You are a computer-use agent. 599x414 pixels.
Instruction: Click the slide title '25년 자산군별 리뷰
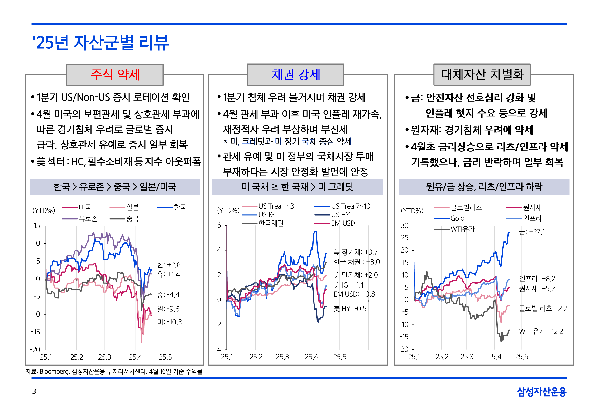[101, 43]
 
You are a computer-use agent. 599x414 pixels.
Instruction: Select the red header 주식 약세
[115, 75]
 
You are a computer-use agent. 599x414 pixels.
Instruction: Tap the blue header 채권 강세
[296, 75]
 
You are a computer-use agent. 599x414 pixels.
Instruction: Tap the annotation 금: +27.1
[532, 232]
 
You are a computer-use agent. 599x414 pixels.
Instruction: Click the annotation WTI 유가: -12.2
[541, 331]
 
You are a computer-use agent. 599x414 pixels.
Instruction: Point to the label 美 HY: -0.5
[350, 309]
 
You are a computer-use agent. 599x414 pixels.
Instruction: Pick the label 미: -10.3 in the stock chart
[169, 322]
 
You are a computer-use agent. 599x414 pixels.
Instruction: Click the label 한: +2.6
[169, 264]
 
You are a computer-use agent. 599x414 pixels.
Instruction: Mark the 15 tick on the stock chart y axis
[37, 226]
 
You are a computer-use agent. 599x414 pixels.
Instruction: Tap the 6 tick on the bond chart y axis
[219, 225]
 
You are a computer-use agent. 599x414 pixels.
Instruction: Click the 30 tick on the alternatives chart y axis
[405, 225]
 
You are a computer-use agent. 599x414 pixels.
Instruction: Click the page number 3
[34, 391]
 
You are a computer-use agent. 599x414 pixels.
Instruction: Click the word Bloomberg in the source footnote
[54, 371]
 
